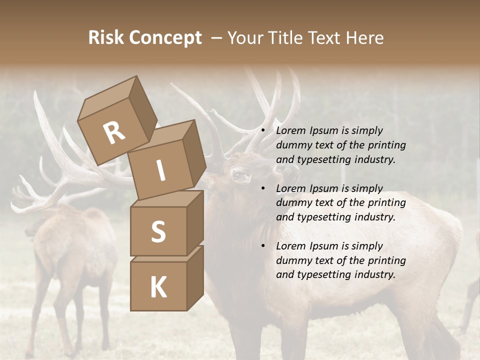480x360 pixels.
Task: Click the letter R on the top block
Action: [114, 132]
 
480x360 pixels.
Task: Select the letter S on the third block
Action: [158, 231]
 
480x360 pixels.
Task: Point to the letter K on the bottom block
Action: [158, 287]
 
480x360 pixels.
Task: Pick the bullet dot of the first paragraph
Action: [263, 131]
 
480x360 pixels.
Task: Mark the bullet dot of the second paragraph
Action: [263, 188]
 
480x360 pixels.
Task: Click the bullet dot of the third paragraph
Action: [263, 246]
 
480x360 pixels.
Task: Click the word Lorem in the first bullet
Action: [290, 130]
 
